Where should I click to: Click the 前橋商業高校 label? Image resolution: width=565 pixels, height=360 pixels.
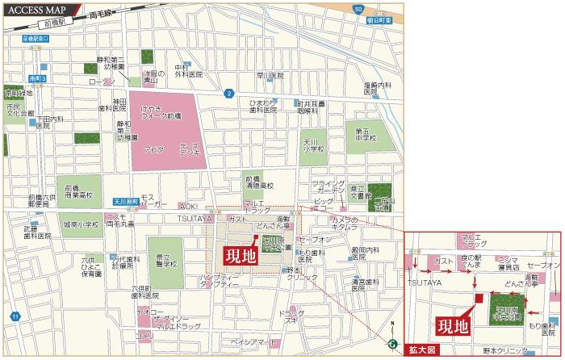coord(79,190)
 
